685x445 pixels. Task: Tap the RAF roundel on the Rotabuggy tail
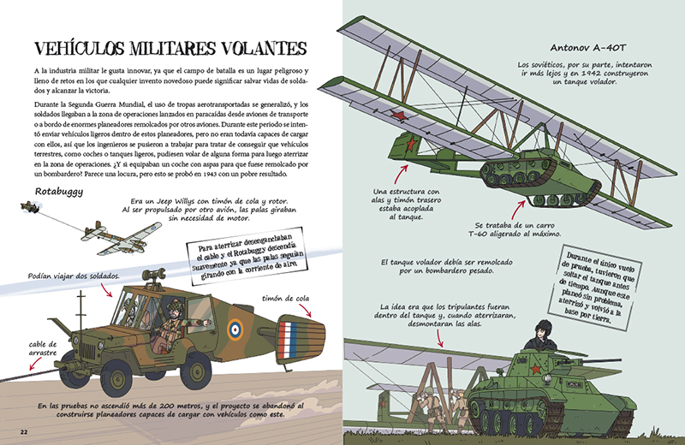[x=235, y=328]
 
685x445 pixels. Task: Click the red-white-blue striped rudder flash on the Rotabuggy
[x=295, y=335]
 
